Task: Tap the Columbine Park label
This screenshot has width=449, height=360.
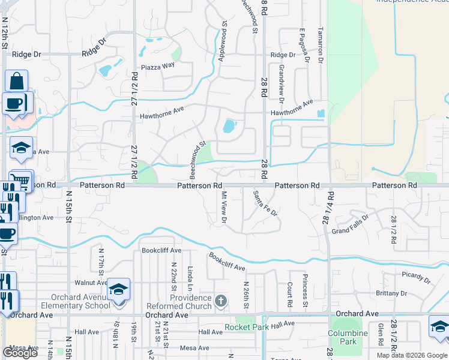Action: coord(348,337)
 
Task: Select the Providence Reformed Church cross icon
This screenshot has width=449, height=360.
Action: coord(221,300)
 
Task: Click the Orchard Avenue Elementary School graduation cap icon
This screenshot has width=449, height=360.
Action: coord(119,289)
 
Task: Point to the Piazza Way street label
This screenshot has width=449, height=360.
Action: coord(157,66)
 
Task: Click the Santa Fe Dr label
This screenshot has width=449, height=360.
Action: coord(265,203)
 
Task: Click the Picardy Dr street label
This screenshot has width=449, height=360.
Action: coord(416,277)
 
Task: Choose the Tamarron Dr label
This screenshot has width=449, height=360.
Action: coord(321,46)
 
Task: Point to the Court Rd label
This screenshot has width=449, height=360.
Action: coord(289,295)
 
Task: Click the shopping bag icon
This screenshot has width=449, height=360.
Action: coord(17,80)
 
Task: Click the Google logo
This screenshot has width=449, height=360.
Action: coord(20,353)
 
